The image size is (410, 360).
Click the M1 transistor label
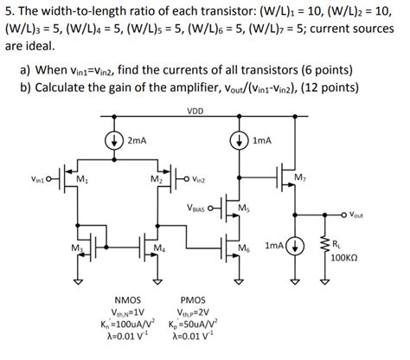pyautogui.click(x=80, y=179)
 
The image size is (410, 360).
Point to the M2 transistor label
pyautogui.click(x=155, y=179)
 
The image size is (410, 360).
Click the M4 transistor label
pyautogui.click(x=157, y=248)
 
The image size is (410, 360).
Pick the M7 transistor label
pyautogui.click(x=300, y=178)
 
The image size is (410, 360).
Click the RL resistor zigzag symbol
pyautogui.click(x=324, y=247)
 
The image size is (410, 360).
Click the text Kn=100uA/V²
pyautogui.click(x=116, y=325)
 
